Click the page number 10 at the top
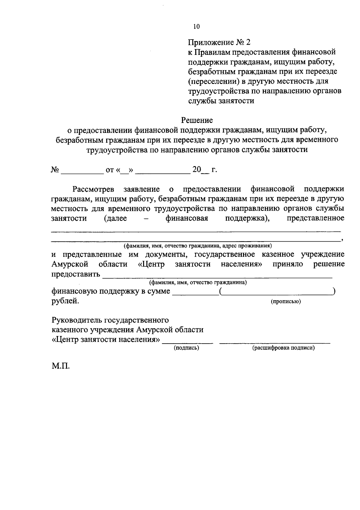click(196, 26)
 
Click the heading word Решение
click(197, 120)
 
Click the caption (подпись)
click(187, 348)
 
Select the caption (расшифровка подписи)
click(283, 348)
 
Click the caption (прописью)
click(286, 302)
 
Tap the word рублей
click(65, 301)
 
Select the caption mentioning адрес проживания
click(198, 246)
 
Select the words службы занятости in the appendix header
click(221, 101)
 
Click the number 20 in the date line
click(196, 170)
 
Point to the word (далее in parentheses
click(115, 218)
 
